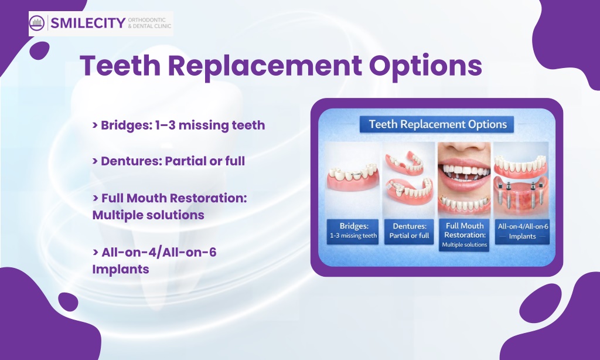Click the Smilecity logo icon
(37, 23)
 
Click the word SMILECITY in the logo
(88, 23)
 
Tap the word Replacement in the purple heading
(265, 65)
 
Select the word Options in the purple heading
(425, 66)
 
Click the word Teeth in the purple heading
(120, 65)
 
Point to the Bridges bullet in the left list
(179, 125)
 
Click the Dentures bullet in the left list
(169, 161)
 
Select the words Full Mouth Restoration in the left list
(174, 198)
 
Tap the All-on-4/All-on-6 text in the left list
(159, 252)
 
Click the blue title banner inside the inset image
(437, 124)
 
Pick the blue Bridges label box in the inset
(353, 232)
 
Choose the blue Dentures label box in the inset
(409, 232)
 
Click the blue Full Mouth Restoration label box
(464, 235)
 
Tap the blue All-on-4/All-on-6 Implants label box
(522, 232)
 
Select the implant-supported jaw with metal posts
(521, 194)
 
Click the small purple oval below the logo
(39, 50)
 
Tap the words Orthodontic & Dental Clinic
(149, 23)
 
